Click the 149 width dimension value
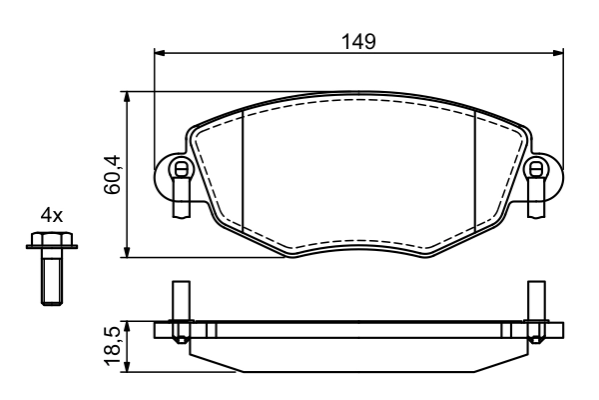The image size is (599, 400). (x=358, y=41)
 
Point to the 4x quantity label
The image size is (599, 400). (x=52, y=215)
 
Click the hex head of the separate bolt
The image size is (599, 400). (x=52, y=240)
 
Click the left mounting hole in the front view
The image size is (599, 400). (x=181, y=168)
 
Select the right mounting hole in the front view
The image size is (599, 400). (x=536, y=168)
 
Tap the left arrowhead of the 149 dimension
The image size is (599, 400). (x=159, y=52)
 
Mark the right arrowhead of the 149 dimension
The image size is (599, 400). (x=558, y=52)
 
